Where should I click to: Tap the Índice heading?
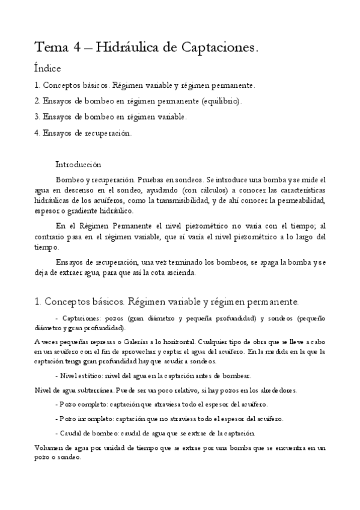[x=47, y=69]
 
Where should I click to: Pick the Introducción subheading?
[x=78, y=164]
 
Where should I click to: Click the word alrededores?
[x=277, y=390]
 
